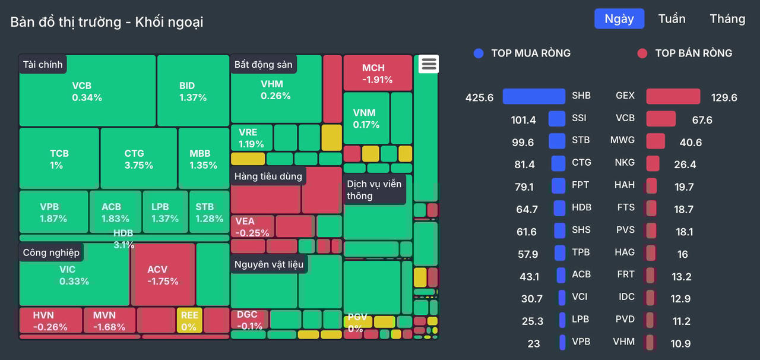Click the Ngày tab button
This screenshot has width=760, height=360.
(619, 18)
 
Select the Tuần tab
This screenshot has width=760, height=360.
(672, 18)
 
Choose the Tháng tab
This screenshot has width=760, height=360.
(727, 18)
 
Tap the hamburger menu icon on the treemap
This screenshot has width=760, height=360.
(428, 64)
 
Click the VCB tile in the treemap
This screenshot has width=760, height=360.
(87, 91)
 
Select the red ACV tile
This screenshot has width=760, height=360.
(163, 275)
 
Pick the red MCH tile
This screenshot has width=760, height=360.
(378, 73)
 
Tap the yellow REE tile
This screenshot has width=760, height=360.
(189, 321)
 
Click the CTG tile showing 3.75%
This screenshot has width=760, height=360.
(138, 159)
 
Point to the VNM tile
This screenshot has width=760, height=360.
(366, 118)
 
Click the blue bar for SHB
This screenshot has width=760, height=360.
(534, 96)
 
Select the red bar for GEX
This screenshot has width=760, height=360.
(673, 96)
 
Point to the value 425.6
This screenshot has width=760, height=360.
(479, 97)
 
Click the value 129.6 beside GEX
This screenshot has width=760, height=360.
(724, 97)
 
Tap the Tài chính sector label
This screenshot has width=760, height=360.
(42, 64)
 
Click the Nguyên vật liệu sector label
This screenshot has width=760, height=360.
(268, 264)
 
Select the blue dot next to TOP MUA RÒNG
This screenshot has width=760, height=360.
(479, 53)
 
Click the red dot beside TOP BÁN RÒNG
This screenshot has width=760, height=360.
(642, 53)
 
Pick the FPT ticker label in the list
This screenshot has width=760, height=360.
(580, 185)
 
